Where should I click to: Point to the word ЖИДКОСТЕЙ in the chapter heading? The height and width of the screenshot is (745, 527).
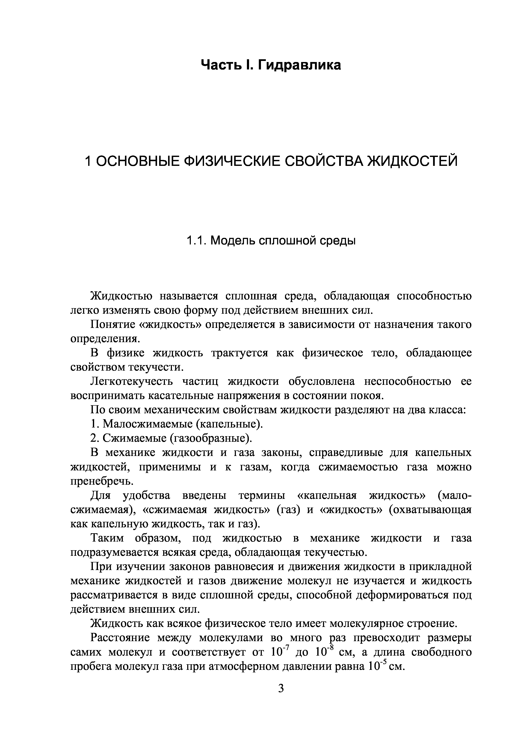412,161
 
